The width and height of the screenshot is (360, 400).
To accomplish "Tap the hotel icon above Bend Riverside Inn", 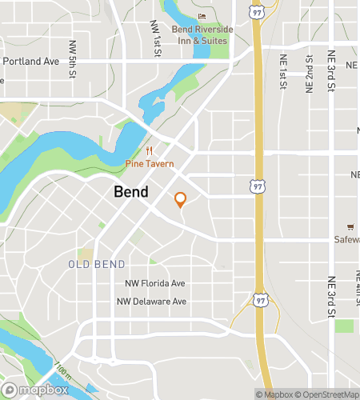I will [202, 17].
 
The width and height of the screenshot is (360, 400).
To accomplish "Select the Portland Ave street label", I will [31, 61].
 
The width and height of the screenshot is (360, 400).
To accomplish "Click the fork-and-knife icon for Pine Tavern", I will [148, 151].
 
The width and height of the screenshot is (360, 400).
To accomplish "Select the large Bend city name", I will [130, 192].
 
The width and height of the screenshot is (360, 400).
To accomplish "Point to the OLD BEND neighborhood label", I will [96, 264].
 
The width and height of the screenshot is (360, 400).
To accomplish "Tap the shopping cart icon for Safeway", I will [350, 226].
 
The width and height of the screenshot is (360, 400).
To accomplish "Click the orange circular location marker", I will [180, 200].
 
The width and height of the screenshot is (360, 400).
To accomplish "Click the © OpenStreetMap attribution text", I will [329, 394].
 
